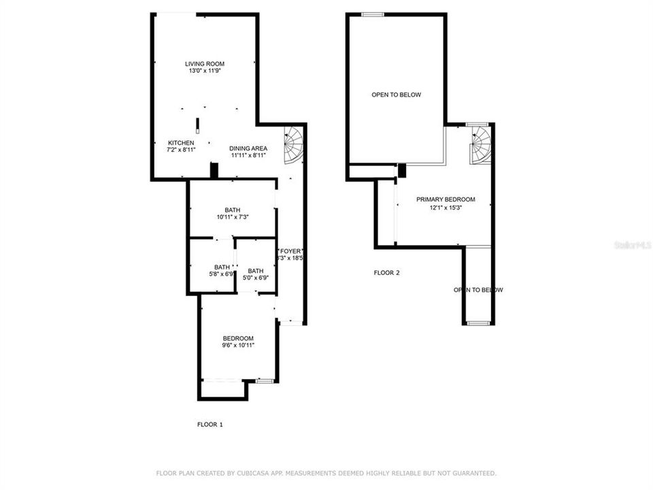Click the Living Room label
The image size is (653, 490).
[x=204, y=63]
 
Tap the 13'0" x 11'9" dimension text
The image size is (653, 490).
[x=204, y=71]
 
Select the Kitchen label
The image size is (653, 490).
[x=181, y=142]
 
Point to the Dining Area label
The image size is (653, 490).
[x=248, y=148]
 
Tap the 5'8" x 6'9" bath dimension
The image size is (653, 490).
[x=222, y=274]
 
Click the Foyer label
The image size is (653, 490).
[x=289, y=250]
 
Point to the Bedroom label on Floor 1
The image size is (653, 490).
[x=238, y=338]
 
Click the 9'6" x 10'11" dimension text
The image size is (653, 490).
[x=238, y=346]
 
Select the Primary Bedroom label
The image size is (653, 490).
[x=446, y=199]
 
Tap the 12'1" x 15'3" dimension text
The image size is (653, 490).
[x=446, y=208]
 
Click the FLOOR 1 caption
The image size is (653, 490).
[x=210, y=424]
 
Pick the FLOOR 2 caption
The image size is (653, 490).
[x=386, y=273]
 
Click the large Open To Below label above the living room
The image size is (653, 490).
[x=396, y=95]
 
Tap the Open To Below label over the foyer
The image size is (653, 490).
[x=478, y=290]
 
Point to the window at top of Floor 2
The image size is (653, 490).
[x=372, y=14]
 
